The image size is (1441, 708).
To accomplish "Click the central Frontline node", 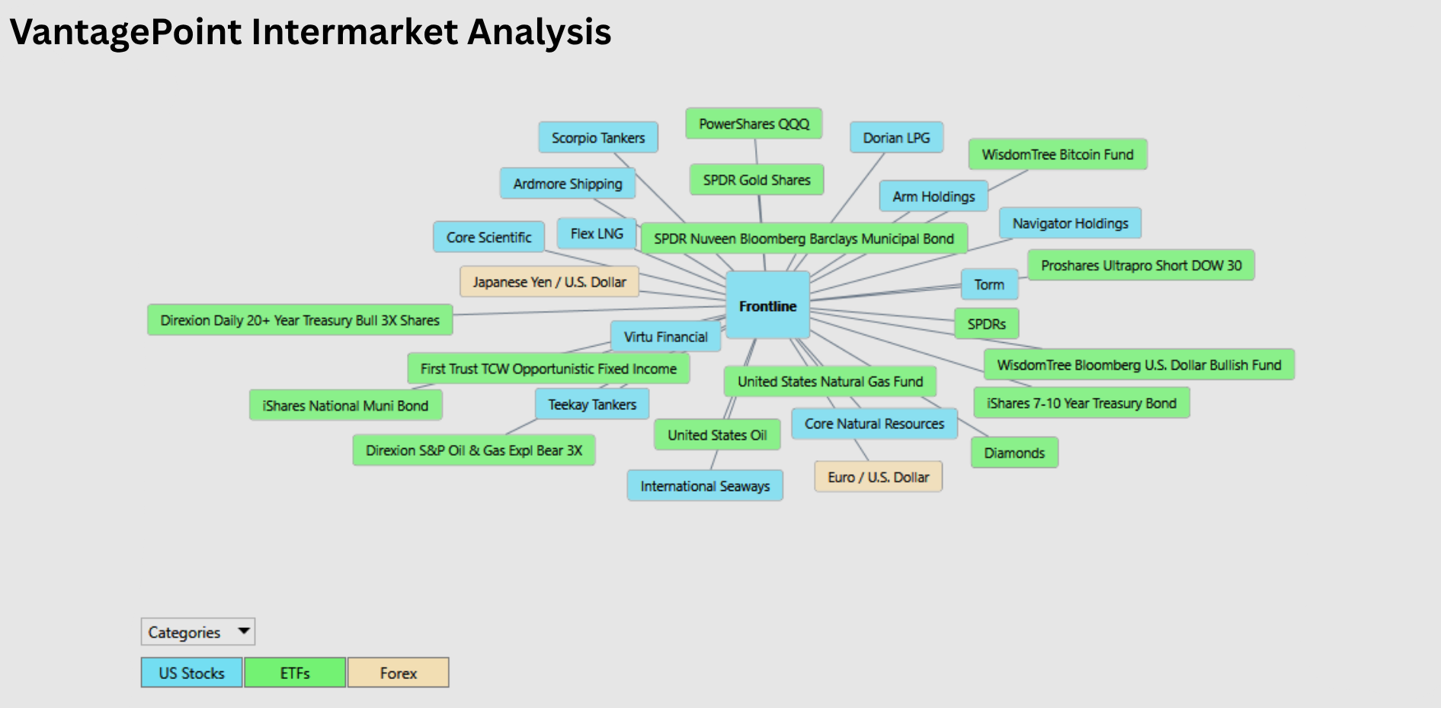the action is tap(767, 305).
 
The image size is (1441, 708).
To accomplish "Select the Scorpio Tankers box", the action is tap(598, 138).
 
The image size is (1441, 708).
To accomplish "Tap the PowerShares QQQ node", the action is tap(754, 123).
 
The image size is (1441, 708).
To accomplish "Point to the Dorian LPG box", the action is tap(896, 138).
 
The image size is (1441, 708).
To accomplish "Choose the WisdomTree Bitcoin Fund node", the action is tap(1058, 155).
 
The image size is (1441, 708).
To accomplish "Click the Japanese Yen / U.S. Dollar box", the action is tap(549, 282).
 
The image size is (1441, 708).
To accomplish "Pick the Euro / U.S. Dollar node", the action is tap(879, 477).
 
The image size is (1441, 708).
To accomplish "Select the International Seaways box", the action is tap(705, 486).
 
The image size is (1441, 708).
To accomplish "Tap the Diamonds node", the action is tap(1014, 453).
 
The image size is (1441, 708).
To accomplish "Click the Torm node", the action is tap(989, 284).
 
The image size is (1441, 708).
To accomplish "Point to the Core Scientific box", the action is tap(488, 237).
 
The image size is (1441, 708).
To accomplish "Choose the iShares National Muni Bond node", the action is tap(345, 405).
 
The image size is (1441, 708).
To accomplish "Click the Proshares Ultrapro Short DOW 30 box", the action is tap(1141, 265).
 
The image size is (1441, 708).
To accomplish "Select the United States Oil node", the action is tap(717, 434).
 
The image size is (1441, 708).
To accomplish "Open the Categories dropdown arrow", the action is tap(244, 631).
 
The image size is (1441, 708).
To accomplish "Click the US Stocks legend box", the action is tap(192, 673).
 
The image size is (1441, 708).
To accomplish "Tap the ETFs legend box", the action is tap(295, 673).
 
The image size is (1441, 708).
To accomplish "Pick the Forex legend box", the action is tap(399, 673).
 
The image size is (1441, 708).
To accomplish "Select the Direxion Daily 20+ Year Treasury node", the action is tap(299, 320).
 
